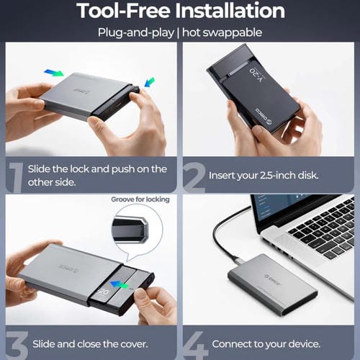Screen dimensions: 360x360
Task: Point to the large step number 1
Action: [15, 174]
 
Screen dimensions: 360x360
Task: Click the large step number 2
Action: [194, 174]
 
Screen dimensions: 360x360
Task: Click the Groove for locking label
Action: [140, 199]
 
